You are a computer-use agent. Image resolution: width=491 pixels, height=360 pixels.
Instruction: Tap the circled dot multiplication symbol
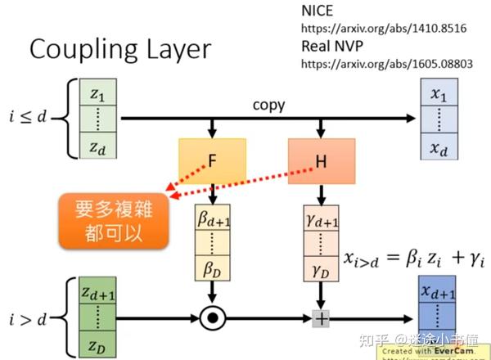coord(213,317)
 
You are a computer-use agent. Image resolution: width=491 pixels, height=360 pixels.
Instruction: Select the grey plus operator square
coord(322,317)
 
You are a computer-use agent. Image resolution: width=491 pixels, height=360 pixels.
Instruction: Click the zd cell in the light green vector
coord(97,147)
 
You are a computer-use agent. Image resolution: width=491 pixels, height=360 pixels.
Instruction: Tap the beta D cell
coord(212,266)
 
